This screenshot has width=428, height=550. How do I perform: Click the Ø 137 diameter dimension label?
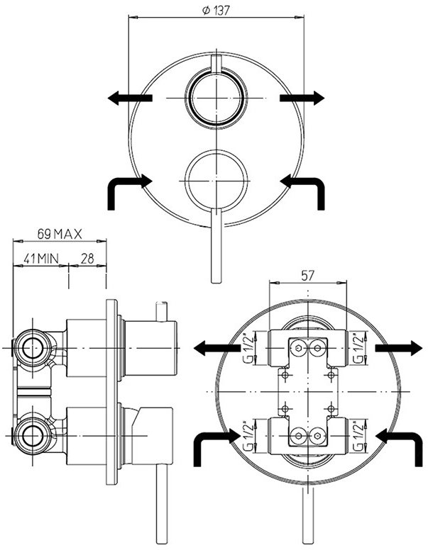[216, 11]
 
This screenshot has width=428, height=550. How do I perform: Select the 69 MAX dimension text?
[60, 234]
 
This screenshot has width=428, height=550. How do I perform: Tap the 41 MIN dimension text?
[40, 259]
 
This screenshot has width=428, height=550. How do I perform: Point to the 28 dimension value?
[87, 259]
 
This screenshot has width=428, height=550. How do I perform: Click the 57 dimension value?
[307, 276]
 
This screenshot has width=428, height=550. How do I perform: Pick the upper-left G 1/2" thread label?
[249, 348]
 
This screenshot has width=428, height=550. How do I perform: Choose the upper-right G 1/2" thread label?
[358, 348]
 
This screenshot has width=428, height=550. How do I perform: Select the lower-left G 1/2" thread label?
[249, 436]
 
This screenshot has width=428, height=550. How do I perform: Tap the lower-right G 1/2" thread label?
[358, 436]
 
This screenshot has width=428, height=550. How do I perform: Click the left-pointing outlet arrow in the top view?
[130, 98]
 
